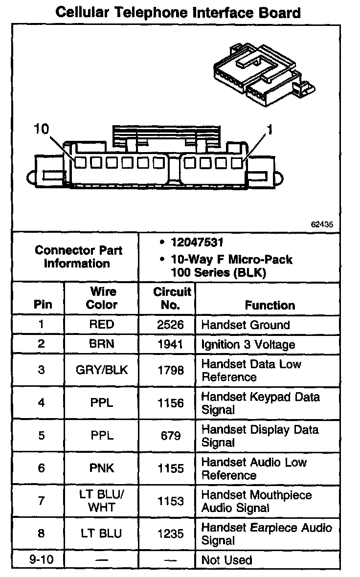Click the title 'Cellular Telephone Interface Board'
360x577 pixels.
click(178, 12)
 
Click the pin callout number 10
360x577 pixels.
click(42, 129)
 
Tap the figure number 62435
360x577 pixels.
click(322, 225)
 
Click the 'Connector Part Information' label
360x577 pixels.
click(78, 257)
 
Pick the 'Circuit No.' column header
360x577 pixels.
click(171, 298)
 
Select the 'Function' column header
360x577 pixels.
click(270, 306)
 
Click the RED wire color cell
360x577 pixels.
click(102, 325)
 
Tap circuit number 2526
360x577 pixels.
click(171, 325)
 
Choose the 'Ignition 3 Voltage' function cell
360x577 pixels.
click(248, 345)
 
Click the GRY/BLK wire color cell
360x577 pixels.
click(102, 370)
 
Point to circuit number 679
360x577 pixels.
click(171, 436)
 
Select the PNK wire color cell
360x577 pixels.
click(102, 468)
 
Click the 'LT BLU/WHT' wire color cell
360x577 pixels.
click(102, 501)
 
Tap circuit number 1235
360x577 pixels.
click(171, 534)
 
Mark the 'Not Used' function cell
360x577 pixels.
click(226, 560)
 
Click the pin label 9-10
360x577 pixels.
click(41, 560)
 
